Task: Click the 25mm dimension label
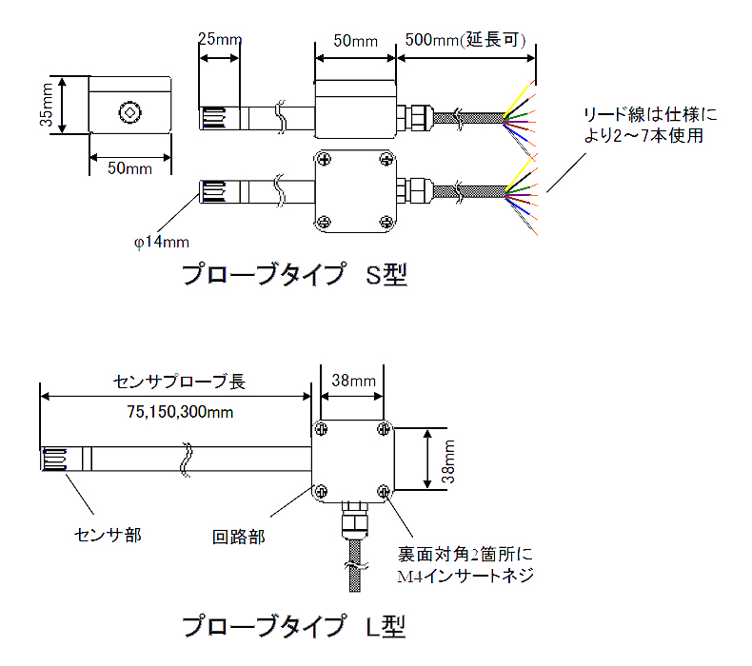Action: click(x=220, y=40)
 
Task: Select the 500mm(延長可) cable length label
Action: click(x=465, y=40)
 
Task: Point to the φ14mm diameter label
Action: click(x=161, y=242)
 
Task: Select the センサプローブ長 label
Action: click(x=179, y=382)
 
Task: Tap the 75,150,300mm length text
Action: click(x=180, y=412)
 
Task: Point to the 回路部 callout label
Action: click(x=238, y=535)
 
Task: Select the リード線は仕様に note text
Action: click(x=651, y=116)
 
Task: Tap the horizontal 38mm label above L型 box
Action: click(x=352, y=381)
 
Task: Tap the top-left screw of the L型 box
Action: click(x=322, y=427)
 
